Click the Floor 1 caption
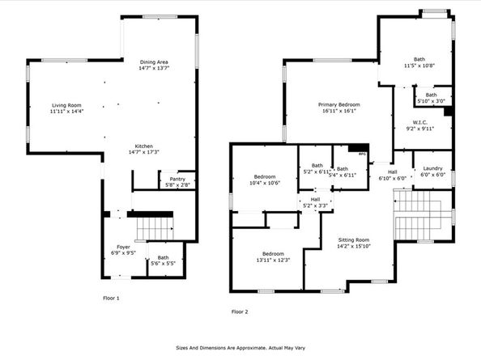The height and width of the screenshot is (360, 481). coord(110,299)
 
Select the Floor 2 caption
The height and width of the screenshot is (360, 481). coord(240,311)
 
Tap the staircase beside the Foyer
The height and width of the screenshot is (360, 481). coord(152,227)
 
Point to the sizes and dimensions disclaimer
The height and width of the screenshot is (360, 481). coord(240,349)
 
